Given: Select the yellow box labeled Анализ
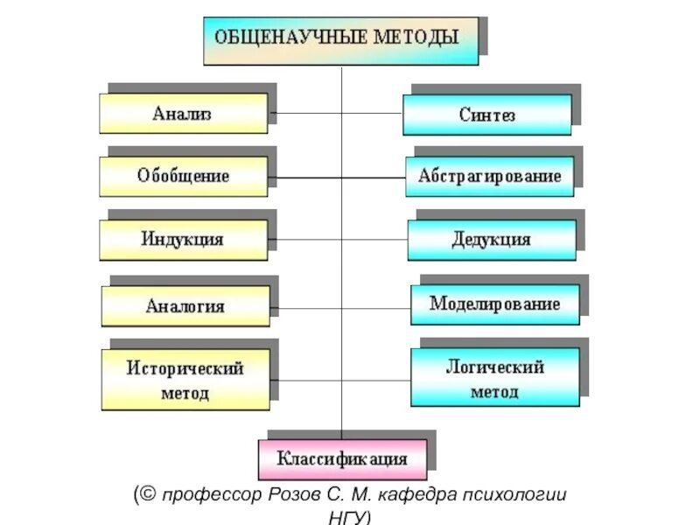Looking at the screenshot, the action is tap(183, 114).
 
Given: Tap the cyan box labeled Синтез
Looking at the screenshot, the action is tap(486, 115).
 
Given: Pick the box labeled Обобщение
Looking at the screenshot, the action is tap(183, 176).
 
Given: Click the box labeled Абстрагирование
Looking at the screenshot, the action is tap(489, 176).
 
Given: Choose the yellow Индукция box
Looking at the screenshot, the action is tap(183, 239).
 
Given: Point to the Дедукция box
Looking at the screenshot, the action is tap(491, 239).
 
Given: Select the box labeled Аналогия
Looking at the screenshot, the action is tap(185, 306).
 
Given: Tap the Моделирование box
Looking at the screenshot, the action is tap(494, 304).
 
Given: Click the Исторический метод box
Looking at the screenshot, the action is tap(185, 380).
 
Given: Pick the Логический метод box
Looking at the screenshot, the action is tap(494, 378).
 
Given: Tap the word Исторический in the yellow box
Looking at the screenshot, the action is tap(185, 368).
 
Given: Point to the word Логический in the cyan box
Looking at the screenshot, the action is tap(495, 367).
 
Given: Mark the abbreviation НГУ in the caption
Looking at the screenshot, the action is tap(346, 516).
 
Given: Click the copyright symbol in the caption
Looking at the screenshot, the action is tap(148, 495).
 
